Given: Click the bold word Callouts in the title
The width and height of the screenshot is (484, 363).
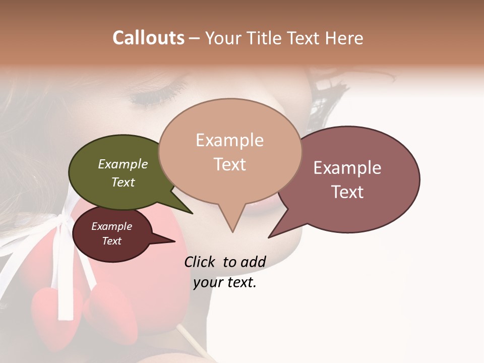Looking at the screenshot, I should tap(148, 38).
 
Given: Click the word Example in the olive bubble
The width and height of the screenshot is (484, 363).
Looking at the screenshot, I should tap(123, 164).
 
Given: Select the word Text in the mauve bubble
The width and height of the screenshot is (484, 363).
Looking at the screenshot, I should tap(347, 192).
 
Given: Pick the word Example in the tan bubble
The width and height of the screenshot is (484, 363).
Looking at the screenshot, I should tap(229, 140).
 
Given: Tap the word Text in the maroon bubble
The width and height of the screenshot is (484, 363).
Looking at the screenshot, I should tap(112, 241).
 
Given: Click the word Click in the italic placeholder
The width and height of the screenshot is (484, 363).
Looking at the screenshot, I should tap(201, 262).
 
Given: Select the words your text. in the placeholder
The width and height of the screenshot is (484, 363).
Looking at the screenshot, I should tap(225, 282).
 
